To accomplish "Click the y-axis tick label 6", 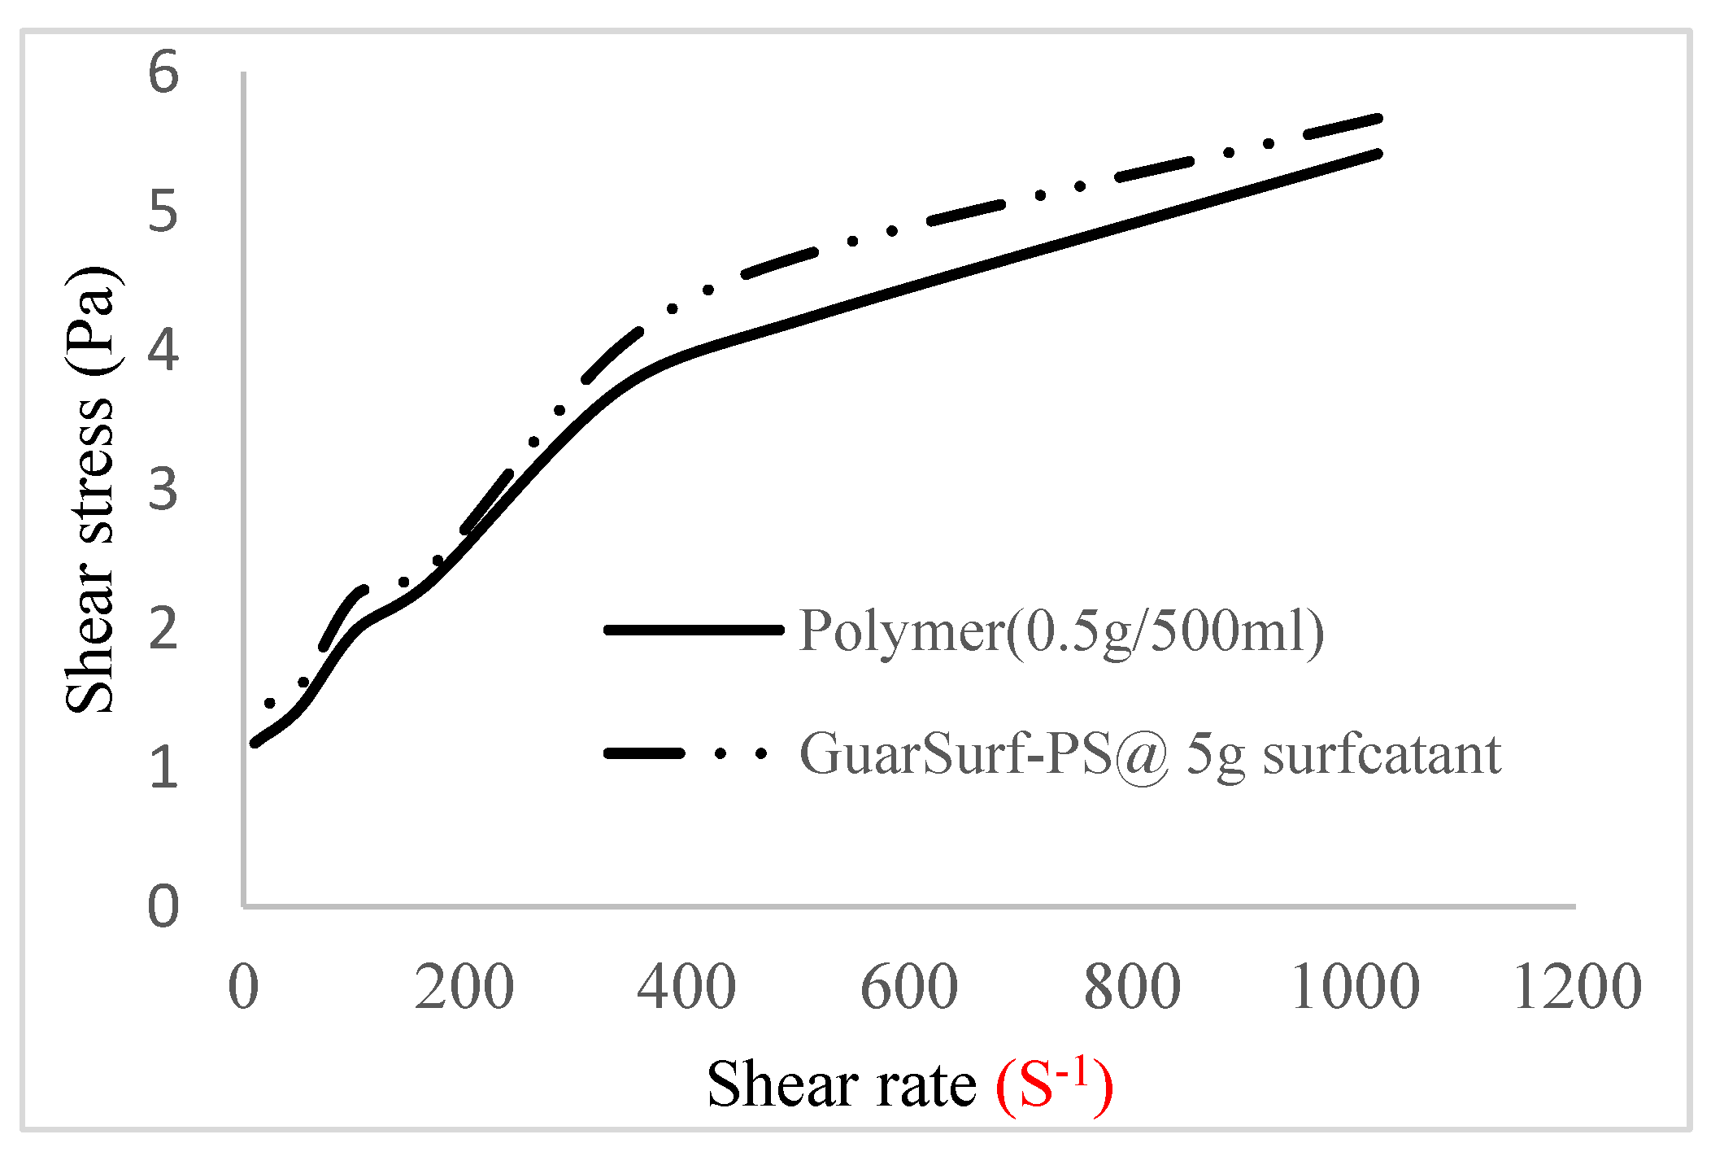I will (163, 73).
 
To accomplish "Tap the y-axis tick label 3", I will (163, 490).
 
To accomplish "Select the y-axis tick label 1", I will (163, 767).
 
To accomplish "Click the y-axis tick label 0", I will (163, 906).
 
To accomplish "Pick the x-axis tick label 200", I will (464, 987).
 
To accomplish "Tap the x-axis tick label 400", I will (686, 987).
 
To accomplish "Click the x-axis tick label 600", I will (909, 987).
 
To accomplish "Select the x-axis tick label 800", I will (1132, 987).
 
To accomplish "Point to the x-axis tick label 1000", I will (1355, 987).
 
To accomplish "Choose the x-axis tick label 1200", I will (1578, 987).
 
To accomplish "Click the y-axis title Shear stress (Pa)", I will (91, 490).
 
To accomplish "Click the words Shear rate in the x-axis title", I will (842, 1084).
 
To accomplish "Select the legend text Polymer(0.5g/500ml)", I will (1061, 630).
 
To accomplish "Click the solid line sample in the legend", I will (694, 630).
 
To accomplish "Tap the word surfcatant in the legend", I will (1381, 754).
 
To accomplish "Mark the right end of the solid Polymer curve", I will (1378, 153).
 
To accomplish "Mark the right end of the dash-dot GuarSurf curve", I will (1378, 119).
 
